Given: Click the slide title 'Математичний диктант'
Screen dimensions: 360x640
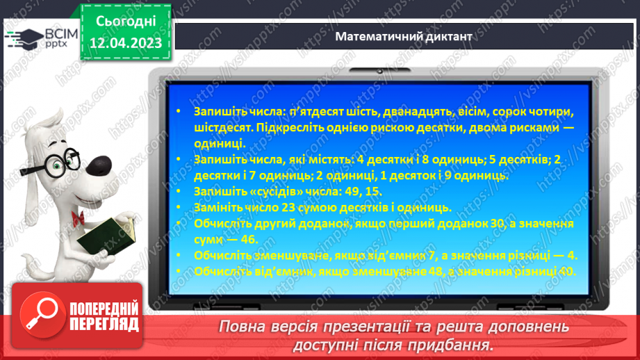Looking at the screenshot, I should [x=403, y=36].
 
